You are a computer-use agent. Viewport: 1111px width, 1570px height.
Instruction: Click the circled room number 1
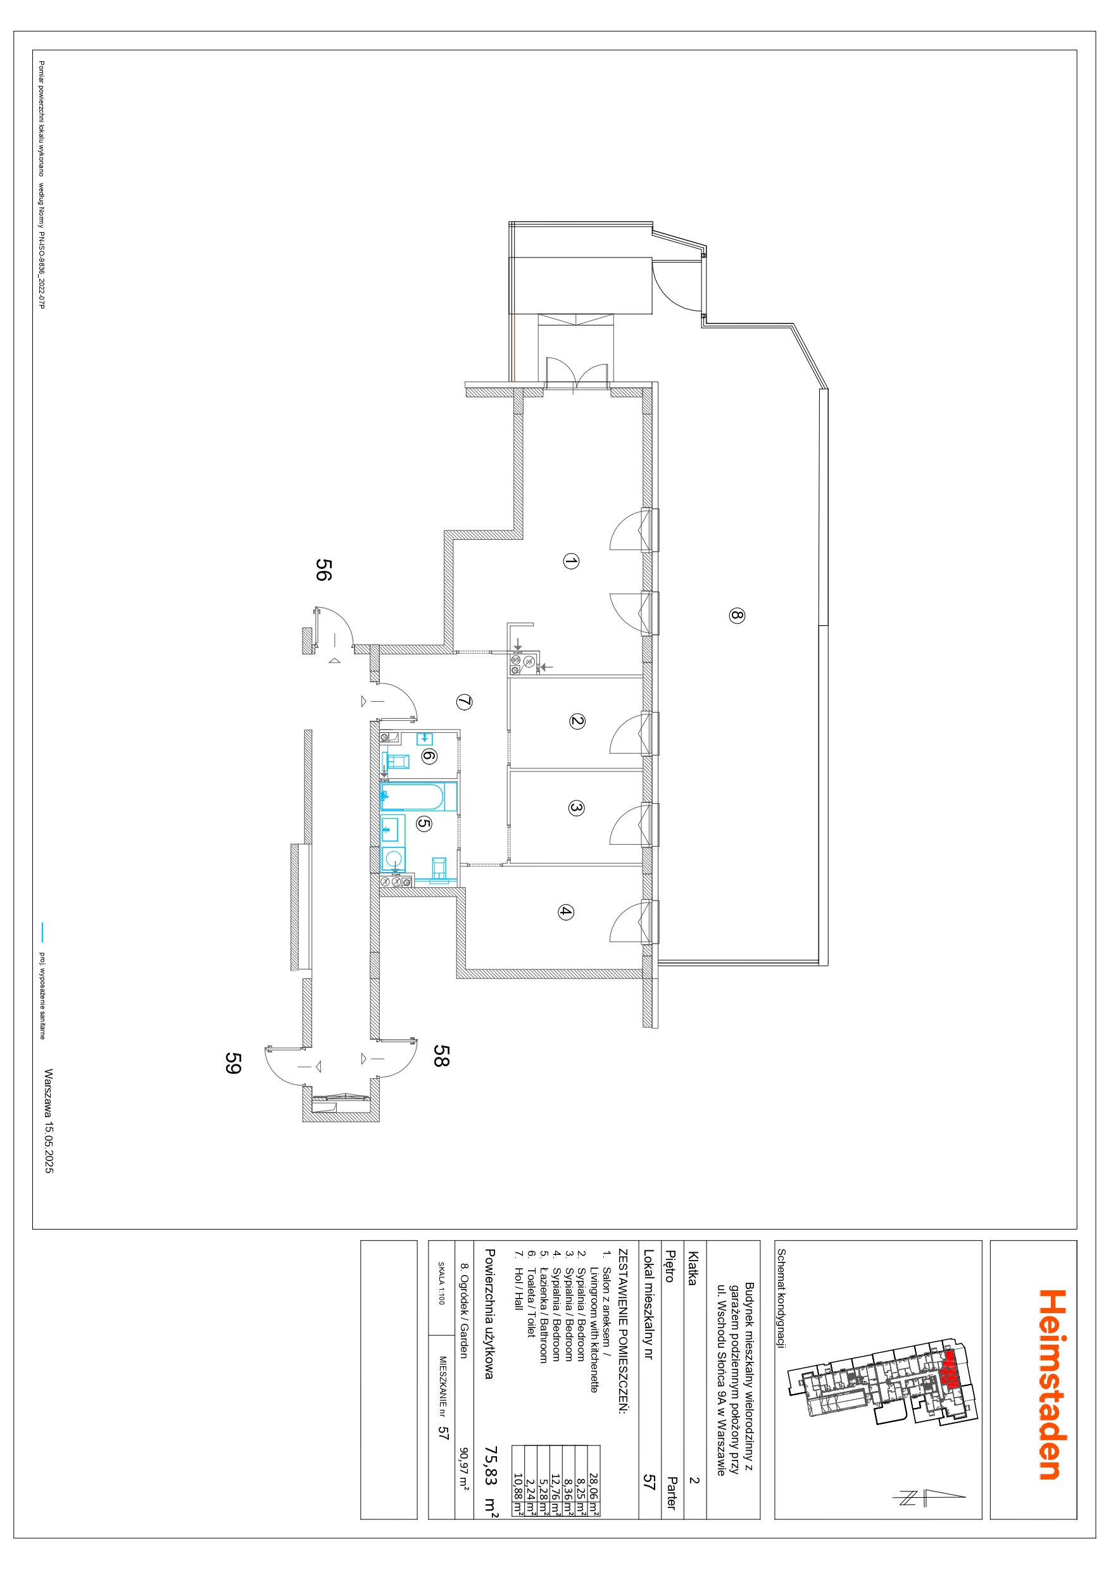pos(570,561)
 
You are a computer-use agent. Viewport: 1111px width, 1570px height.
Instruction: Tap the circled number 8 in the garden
pos(736,616)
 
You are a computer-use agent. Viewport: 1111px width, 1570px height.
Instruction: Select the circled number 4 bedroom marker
pos(565,911)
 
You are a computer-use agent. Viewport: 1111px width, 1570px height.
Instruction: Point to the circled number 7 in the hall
pos(464,702)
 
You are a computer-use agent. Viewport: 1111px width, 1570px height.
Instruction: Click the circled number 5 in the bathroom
pos(424,823)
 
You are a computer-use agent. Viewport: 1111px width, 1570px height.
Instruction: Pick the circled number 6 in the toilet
pos(428,756)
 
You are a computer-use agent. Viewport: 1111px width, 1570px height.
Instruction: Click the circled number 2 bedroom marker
pos(577,721)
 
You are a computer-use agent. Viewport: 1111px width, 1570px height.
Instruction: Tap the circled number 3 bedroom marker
pos(576,807)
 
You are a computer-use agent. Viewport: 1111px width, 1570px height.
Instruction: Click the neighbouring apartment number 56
pos(323,570)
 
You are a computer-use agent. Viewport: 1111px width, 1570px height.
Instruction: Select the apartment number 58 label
pos(441,1056)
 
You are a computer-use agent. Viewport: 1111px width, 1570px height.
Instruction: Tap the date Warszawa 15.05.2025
pos(49,1121)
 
